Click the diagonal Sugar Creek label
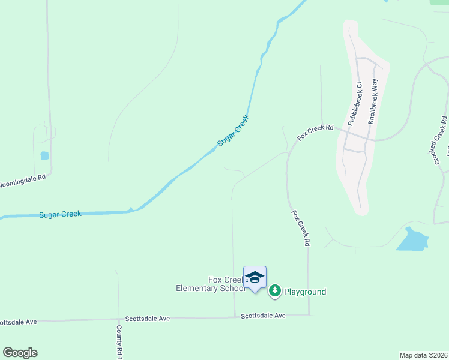tap(232, 130)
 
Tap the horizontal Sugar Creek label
tap(60, 214)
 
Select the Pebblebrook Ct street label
tap(355, 103)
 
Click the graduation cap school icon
tap(255, 277)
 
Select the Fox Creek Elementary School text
tap(210, 284)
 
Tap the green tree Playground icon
tap(275, 292)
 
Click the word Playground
tap(305, 292)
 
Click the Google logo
tap(20, 353)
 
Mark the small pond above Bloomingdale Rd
tap(44, 156)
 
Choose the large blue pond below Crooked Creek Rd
tap(412, 239)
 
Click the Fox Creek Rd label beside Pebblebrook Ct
tap(315, 133)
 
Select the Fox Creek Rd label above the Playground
tap(300, 228)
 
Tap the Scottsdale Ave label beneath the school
tap(263, 315)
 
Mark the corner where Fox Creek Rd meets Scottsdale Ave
tap(309, 315)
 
